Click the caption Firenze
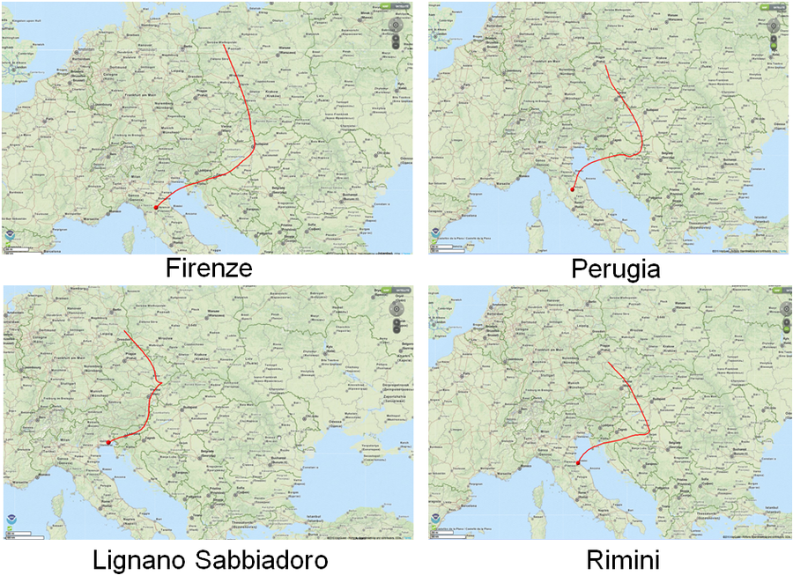pyautogui.click(x=209, y=268)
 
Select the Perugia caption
pyautogui.click(x=616, y=268)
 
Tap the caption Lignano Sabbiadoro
pyautogui.click(x=211, y=560)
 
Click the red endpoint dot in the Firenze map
pyautogui.click(x=156, y=208)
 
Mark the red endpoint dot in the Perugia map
pyautogui.click(x=572, y=189)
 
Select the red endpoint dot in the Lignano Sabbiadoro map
pyautogui.click(x=108, y=442)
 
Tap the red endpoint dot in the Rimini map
pyautogui.click(x=578, y=463)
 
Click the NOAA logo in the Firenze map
pyautogui.click(x=10, y=237)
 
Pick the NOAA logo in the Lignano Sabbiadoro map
pyautogui.click(x=10, y=518)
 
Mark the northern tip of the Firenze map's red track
pyautogui.click(x=225, y=46)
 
